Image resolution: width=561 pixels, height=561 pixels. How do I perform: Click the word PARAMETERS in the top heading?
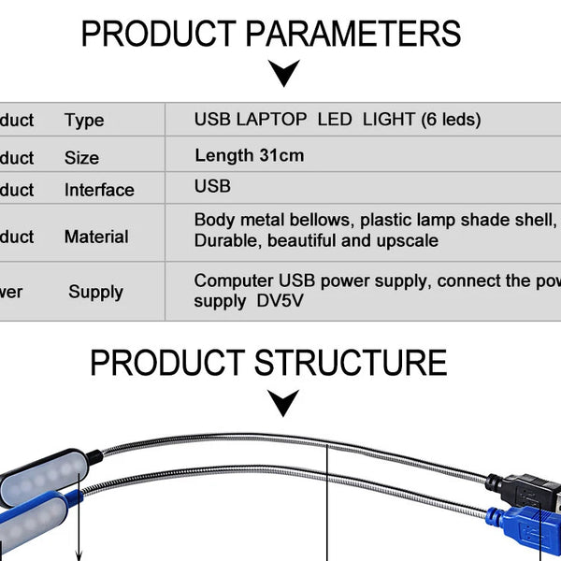[x=352, y=35]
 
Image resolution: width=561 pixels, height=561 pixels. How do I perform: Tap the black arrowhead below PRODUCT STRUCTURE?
[x=283, y=403]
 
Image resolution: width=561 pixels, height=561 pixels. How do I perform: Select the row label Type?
[x=84, y=121]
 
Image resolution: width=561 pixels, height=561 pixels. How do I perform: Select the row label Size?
[x=81, y=158]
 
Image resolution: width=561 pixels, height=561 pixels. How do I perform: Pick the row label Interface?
[x=99, y=190]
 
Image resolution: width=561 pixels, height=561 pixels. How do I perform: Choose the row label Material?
[x=96, y=237]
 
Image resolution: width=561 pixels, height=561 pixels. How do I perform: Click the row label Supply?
[x=95, y=292]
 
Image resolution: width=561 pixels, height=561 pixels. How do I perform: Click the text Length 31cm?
[x=250, y=155]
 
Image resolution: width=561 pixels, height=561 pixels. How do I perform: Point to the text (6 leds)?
[x=451, y=120]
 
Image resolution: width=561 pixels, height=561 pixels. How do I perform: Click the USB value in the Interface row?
[x=212, y=186]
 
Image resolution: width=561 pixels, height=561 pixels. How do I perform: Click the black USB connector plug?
[x=524, y=489]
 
